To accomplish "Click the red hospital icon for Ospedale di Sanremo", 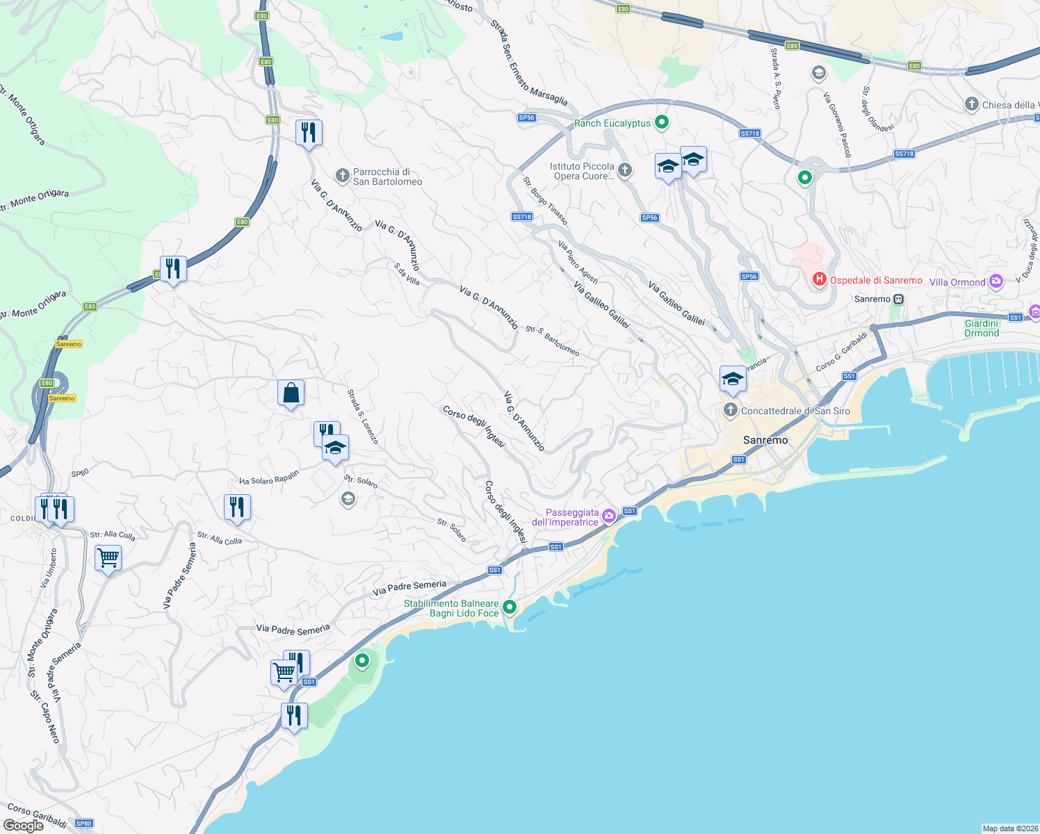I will tap(820, 279).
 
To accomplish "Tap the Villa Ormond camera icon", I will tap(996, 281).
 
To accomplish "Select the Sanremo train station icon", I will tap(899, 300).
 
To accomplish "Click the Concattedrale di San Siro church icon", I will tap(730, 410).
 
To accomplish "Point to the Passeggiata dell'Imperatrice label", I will tap(565, 517).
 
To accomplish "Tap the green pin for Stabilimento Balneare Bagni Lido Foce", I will tap(510, 607).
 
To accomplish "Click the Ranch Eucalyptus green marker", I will tap(662, 122).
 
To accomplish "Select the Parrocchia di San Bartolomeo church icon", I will tap(342, 175).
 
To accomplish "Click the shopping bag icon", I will tap(291, 393).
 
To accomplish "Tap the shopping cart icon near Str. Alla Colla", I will tap(108, 557).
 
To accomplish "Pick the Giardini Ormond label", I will tap(982, 328).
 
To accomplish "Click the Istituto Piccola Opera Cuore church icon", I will tap(625, 170).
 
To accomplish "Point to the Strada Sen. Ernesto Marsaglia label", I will tap(528, 63).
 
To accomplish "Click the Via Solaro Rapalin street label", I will tap(268, 477).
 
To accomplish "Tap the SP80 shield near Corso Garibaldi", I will tap(84, 824).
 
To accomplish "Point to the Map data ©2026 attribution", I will tap(1010, 828).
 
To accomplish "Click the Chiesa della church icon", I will tap(972, 104).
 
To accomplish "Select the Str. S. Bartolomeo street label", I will tap(553, 341).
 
